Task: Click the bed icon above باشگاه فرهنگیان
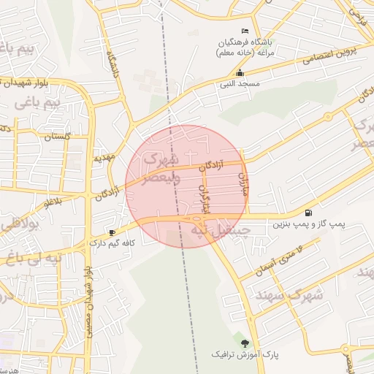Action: pyautogui.click(x=245, y=31)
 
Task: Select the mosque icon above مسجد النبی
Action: pyautogui.click(x=240, y=73)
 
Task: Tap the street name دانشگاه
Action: pyautogui.click(x=112, y=65)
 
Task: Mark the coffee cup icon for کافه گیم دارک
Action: pyautogui.click(x=112, y=232)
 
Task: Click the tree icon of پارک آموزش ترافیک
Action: pyautogui.click(x=245, y=343)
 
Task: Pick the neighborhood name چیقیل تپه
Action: pyautogui.click(x=220, y=230)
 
